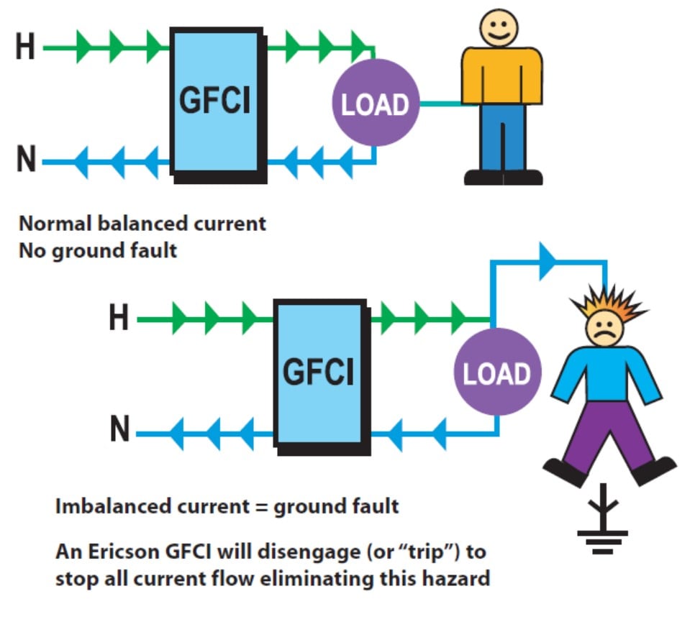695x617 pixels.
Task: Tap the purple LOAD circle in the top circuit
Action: point(375,105)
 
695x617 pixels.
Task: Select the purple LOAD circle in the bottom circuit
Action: point(496,373)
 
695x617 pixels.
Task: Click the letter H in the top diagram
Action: point(25,48)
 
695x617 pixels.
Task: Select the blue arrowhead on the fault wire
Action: point(548,264)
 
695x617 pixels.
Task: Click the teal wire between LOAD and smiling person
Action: point(440,104)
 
